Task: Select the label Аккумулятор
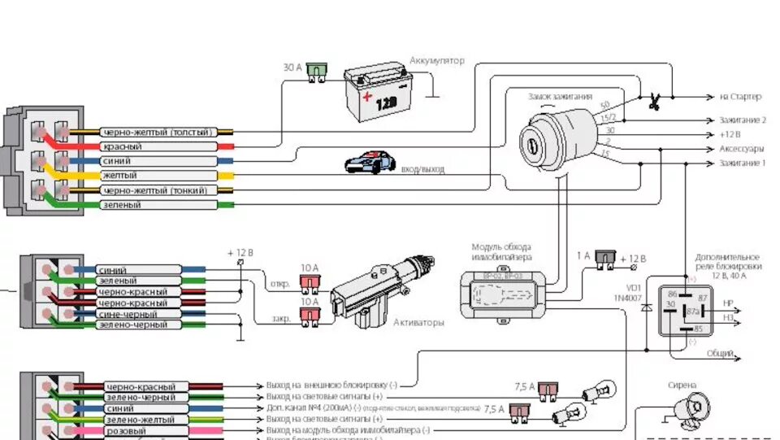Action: tap(437, 61)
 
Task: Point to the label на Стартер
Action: tap(740, 98)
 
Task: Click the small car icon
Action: tap(370, 163)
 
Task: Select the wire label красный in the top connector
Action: tap(123, 146)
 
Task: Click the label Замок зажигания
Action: tap(560, 97)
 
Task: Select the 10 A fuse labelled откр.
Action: tap(310, 284)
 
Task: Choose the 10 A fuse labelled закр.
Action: tap(310, 318)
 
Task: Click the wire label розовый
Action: tap(127, 430)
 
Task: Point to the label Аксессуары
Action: tap(741, 149)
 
